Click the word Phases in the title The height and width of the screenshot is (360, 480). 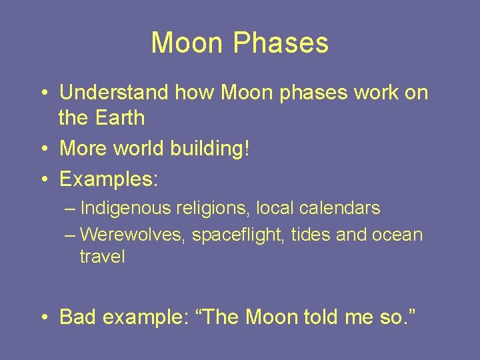click(x=281, y=43)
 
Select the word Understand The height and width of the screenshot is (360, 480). click(x=114, y=93)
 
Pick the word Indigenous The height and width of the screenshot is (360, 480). click(x=125, y=208)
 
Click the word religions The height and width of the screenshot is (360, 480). click(x=211, y=208)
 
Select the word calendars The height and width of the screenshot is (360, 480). click(x=338, y=208)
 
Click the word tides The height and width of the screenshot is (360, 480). click(x=311, y=235)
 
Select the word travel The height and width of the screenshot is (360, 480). click(x=102, y=257)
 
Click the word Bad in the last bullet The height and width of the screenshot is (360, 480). click(x=77, y=317)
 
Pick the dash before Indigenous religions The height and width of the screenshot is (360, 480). click(x=71, y=208)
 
